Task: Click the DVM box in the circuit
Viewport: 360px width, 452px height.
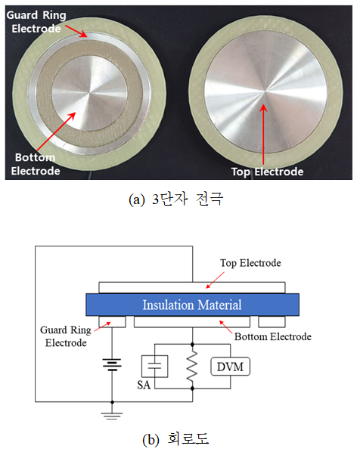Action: [x=230, y=367]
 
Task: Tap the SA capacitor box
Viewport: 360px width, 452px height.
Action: [x=154, y=367]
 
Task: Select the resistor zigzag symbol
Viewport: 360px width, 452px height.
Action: [x=192, y=367]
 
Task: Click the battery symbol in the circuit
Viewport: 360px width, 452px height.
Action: [x=112, y=364]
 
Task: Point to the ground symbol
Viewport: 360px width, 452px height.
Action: [x=112, y=416]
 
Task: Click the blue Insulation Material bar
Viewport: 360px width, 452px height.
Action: [x=192, y=305]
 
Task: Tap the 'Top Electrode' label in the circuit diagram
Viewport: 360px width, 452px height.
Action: [x=250, y=263]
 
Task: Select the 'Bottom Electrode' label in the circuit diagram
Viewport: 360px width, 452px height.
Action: [x=273, y=336]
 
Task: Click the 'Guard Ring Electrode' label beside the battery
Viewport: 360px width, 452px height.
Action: [x=66, y=336]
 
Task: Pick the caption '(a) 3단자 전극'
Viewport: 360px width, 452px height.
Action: [x=176, y=199]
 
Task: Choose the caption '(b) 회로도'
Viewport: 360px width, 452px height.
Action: [x=175, y=438]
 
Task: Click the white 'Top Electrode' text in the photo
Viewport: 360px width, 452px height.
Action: [x=268, y=172]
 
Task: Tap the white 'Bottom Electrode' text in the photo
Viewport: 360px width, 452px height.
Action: [x=36, y=164]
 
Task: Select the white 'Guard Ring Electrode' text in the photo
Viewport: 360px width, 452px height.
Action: [x=36, y=22]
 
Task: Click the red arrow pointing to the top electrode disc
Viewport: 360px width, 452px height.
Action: [x=263, y=135]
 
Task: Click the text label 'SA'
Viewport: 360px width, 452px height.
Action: [x=144, y=385]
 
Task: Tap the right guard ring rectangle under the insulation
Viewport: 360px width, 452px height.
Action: [x=272, y=322]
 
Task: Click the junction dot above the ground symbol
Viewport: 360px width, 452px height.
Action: [x=112, y=402]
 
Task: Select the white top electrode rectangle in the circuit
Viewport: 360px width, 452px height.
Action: [x=192, y=287]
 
